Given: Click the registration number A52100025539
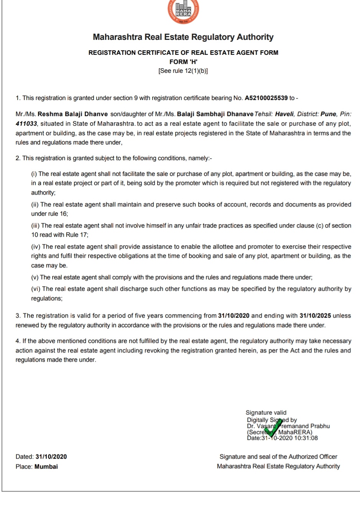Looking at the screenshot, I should pos(266,98).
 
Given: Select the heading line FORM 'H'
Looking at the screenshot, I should pos(183,62).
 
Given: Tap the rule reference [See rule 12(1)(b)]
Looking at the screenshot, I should pos(183,71).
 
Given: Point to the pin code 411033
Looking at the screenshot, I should pos(26,124).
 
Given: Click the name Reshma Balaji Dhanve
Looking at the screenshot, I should pos(72,114).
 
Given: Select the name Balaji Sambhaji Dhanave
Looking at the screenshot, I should pos(215,114).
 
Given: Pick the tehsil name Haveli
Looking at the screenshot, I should pos(284,114).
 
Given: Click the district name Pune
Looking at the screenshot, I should pos(329,114).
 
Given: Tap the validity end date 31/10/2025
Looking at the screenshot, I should pos(315,316).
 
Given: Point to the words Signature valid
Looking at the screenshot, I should pos(266,413).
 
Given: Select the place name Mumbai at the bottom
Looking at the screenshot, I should pos(46,467).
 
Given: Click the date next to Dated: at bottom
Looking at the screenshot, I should pos(51,457).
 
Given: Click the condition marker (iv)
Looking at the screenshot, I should pos(36,247).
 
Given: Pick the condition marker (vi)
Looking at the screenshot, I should pos(36,289).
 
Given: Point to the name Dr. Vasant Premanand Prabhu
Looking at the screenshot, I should pos(288,426).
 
